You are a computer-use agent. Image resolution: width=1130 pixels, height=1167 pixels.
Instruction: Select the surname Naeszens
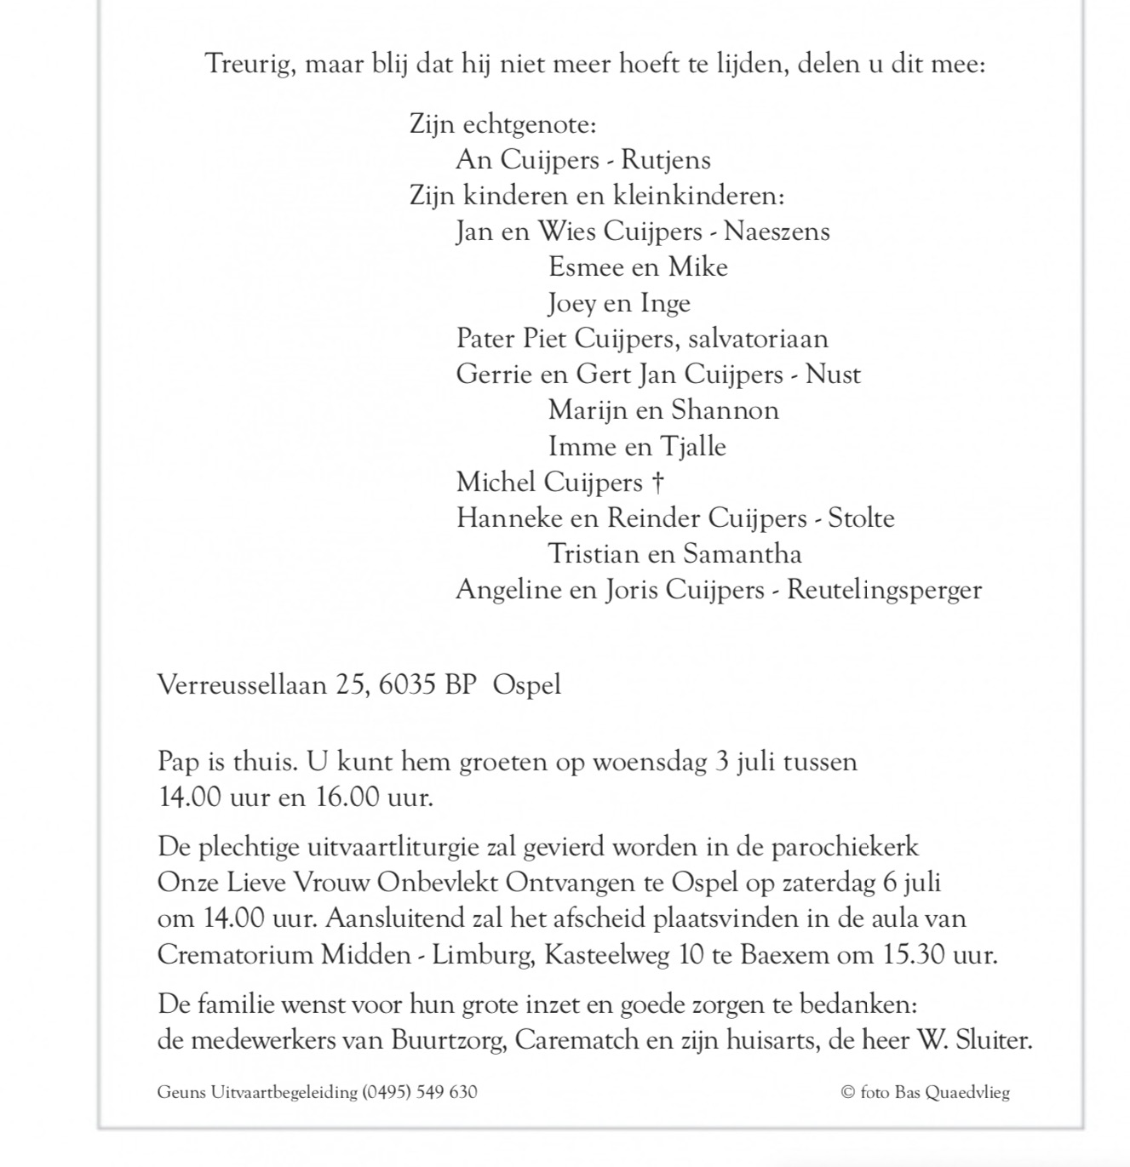tap(777, 232)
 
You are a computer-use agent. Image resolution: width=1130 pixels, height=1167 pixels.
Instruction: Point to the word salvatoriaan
tap(758, 339)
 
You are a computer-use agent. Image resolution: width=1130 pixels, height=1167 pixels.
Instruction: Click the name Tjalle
tap(693, 447)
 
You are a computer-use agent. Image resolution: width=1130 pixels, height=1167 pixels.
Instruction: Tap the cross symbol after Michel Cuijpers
tap(657, 483)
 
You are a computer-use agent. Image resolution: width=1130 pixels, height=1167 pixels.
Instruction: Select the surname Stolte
tap(861, 518)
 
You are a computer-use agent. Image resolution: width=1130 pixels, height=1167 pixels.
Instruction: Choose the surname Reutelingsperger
tap(884, 590)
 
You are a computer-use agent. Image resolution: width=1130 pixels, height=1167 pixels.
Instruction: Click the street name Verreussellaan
tap(242, 685)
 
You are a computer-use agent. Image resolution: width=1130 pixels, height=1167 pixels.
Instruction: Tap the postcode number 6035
tap(407, 685)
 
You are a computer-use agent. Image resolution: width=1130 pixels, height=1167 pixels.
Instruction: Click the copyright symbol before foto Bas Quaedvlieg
tap(847, 1092)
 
